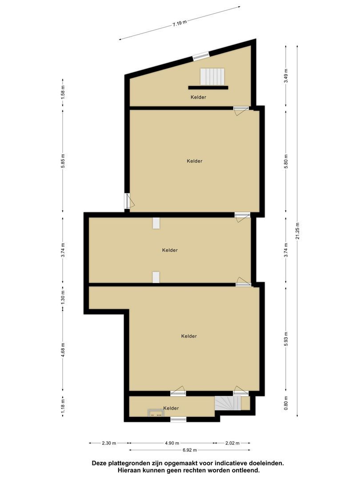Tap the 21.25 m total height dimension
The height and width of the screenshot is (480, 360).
click(x=298, y=231)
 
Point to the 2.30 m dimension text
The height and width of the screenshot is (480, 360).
click(x=108, y=443)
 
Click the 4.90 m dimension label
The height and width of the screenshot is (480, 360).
click(x=172, y=443)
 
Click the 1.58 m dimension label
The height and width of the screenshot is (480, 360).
click(x=63, y=91)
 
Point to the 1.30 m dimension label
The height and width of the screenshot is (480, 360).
click(x=63, y=296)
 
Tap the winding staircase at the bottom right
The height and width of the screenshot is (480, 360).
click(x=228, y=404)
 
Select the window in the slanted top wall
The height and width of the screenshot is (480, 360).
click(x=200, y=56)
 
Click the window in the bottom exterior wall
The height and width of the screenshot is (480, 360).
click(x=178, y=419)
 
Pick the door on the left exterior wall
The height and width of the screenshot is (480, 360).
click(x=127, y=201)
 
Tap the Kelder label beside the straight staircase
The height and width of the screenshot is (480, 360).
click(x=198, y=97)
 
